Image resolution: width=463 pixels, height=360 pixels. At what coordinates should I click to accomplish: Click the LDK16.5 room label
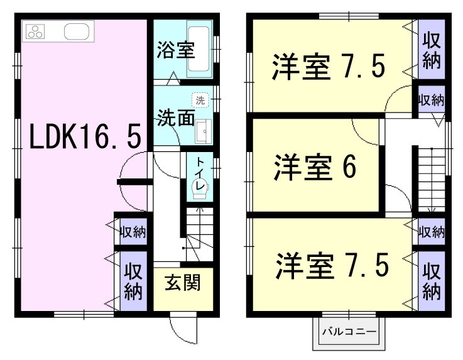[85, 136]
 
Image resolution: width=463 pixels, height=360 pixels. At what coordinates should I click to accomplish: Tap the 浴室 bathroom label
[175, 50]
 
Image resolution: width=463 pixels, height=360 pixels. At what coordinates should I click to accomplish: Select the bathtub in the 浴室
[199, 49]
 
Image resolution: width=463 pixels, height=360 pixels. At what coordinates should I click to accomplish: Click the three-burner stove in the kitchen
[35, 31]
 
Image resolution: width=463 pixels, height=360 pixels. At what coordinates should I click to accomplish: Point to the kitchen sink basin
[77, 31]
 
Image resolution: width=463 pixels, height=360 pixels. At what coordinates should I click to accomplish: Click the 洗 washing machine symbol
[200, 100]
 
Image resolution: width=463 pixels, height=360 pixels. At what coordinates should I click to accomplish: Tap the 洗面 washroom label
[175, 118]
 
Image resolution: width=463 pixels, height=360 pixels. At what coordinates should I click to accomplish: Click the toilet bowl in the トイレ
[200, 188]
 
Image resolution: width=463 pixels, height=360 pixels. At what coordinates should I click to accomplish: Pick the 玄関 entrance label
[182, 282]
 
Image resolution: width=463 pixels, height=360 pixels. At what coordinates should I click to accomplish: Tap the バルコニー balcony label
[349, 332]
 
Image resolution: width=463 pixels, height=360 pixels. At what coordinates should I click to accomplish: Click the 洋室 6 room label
[315, 167]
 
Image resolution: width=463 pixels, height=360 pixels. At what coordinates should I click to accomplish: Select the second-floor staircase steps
[432, 180]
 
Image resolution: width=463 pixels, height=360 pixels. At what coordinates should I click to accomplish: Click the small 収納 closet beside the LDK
[133, 232]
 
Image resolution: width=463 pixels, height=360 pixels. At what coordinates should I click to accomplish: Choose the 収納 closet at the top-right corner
[432, 49]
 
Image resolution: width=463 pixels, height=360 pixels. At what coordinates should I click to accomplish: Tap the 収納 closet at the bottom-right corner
[432, 281]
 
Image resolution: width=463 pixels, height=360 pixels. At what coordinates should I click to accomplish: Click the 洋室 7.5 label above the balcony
[332, 266]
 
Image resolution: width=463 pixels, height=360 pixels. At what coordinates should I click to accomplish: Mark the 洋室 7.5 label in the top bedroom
[329, 67]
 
